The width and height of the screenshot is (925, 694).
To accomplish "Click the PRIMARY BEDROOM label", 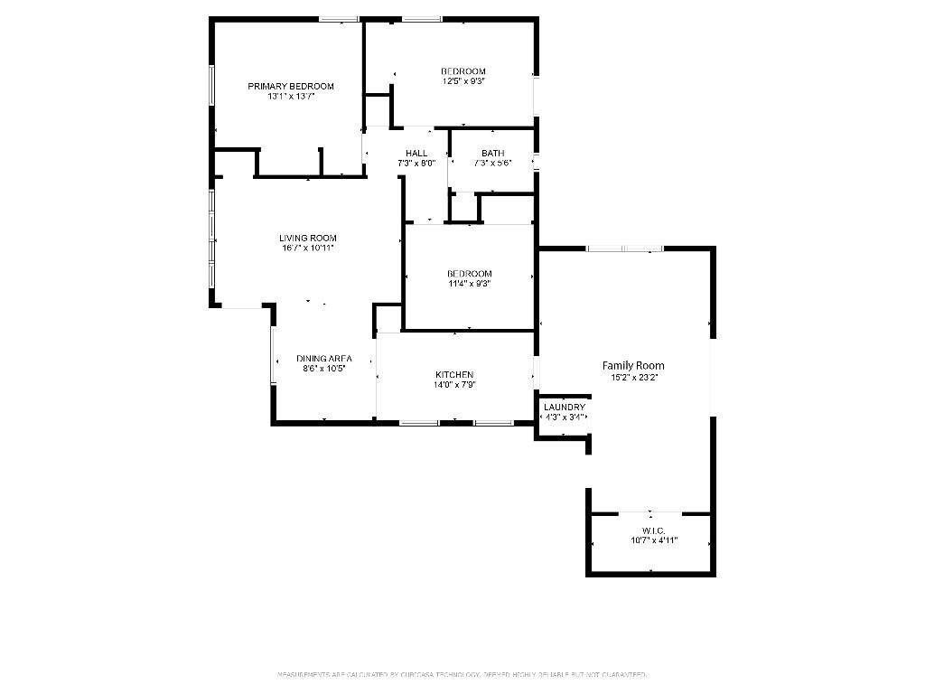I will tap(291, 87).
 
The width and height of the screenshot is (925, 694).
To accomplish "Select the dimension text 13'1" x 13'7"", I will tap(291, 97).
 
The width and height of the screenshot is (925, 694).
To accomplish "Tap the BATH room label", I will tap(492, 154).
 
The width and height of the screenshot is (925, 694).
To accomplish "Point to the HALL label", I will tap(416, 154).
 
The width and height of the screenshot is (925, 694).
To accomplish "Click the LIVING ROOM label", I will tap(307, 239).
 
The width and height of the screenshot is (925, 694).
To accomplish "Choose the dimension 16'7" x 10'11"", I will tap(307, 249).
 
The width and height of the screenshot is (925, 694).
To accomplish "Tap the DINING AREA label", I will tap(323, 359).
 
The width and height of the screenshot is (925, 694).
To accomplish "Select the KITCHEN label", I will tap(454, 375).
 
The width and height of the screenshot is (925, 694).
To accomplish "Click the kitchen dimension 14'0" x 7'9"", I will tap(454, 385).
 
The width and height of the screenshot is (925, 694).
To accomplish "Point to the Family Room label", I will tap(633, 366).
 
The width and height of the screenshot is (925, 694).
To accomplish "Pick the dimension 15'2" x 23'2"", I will tap(633, 378).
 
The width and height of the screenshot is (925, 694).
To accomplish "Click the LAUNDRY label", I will tap(565, 408).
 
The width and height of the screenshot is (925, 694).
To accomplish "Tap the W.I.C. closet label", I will tap(654, 530).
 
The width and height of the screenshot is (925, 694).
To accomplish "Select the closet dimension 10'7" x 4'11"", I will tap(654, 541).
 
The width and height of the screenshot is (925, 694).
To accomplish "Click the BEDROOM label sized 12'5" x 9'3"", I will tap(463, 71).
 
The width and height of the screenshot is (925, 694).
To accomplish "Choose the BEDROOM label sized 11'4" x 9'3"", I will tap(470, 274).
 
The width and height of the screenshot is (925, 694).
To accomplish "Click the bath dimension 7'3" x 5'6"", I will tap(492, 164).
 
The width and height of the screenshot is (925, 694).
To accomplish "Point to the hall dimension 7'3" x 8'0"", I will tap(416, 164).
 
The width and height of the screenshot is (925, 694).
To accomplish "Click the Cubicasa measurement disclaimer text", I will tap(462, 675).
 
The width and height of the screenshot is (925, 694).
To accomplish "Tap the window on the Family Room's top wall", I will tap(624, 249).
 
